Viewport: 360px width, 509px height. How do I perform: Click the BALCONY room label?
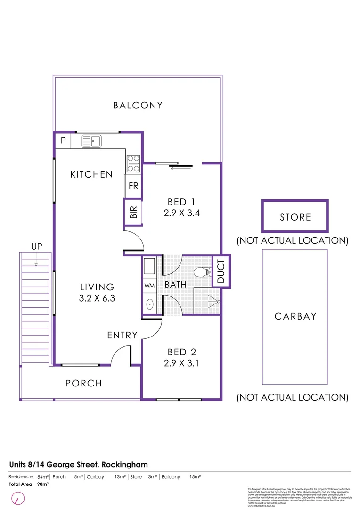(x=138, y=106)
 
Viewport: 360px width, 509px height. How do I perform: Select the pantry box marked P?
(x=63, y=140)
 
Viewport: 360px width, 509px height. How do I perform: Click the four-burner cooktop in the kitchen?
(x=133, y=163)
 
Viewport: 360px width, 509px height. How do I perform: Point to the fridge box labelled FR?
(x=133, y=186)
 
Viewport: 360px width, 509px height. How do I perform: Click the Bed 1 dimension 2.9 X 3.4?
(x=182, y=213)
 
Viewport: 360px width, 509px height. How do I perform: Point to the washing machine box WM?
(x=149, y=286)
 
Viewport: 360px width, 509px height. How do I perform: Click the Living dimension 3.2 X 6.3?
(x=97, y=298)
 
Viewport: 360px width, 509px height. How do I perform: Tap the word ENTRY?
(x=123, y=336)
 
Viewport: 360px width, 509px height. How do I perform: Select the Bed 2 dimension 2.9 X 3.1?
(x=182, y=363)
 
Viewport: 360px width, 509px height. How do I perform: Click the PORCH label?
(x=83, y=383)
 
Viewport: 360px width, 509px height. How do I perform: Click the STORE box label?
(x=295, y=217)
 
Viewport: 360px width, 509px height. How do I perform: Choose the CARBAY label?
(x=295, y=316)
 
